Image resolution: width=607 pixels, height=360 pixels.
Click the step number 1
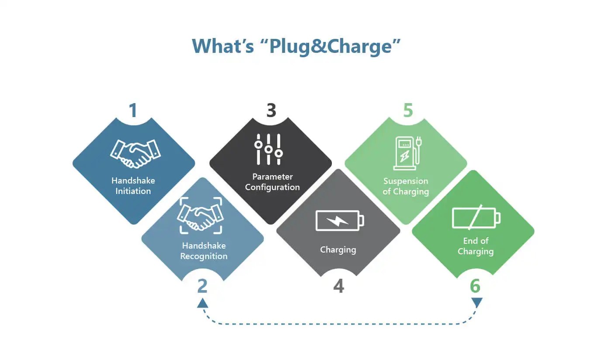tap(133, 110)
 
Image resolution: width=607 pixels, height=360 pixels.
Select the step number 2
tap(202, 286)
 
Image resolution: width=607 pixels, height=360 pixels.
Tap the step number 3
tap(271, 110)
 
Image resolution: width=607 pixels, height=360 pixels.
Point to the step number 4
tap(338, 286)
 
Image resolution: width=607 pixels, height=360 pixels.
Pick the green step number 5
tap(407, 110)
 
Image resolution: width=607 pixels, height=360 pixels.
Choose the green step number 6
tap(475, 286)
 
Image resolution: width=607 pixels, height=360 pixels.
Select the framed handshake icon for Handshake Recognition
tap(200, 216)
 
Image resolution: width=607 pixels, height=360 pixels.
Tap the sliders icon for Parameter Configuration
tap(269, 149)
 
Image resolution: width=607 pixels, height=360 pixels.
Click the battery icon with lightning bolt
tap(339, 220)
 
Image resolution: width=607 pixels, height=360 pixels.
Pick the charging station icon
tap(406, 153)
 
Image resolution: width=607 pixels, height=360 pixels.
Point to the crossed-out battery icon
tap(476, 218)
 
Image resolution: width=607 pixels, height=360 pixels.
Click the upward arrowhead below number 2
tap(202, 303)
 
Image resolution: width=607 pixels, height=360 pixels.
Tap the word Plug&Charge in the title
tap(329, 46)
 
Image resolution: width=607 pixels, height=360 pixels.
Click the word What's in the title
tap(223, 46)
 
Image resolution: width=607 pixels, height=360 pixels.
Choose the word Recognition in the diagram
tap(204, 256)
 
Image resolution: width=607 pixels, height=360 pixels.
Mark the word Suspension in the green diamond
tap(406, 181)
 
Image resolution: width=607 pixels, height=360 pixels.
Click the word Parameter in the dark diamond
tap(272, 177)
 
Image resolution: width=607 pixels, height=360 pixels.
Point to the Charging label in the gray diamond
tap(338, 250)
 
